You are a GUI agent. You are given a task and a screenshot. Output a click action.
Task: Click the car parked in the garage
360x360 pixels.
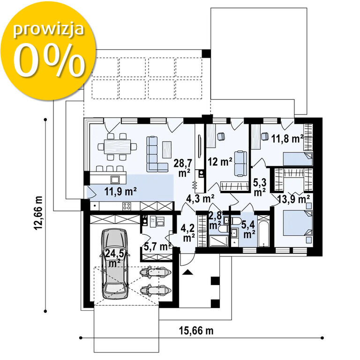tap(114, 264)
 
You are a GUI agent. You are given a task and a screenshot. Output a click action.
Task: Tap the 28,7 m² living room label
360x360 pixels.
tap(182, 168)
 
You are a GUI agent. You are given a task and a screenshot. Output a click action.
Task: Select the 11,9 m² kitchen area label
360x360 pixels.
tap(120, 191)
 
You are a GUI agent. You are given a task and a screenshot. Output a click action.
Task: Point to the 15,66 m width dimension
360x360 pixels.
tap(196, 331)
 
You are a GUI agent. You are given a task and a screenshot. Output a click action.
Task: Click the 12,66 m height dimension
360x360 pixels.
tap(38, 213)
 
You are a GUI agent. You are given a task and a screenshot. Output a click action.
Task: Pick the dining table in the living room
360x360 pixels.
tap(117, 146)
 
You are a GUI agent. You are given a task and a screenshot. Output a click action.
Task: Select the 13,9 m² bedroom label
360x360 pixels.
tap(293, 199)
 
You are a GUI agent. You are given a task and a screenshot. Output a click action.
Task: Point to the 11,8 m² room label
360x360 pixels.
tap(287, 138)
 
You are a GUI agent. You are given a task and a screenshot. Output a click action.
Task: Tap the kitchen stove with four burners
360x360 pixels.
tap(126, 206)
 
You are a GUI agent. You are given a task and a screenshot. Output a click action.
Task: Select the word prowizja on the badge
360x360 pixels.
tap(48, 30)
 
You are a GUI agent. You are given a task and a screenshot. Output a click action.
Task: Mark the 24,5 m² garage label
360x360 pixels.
tap(114, 258)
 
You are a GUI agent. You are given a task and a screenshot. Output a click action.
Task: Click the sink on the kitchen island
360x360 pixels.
tap(115, 180)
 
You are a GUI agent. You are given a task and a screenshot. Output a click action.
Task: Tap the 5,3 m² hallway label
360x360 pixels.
tap(260, 187)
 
